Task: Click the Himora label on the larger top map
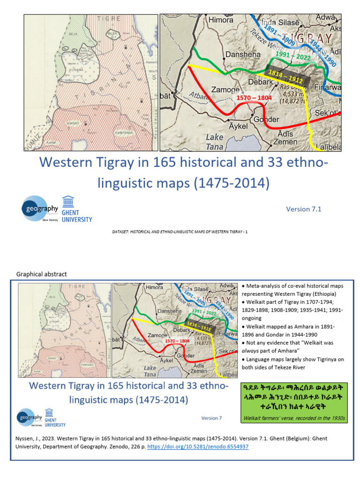pos(220,20)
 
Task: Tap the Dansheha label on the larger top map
pos(244,54)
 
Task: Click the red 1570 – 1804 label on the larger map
pos(254,98)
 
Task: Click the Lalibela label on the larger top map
pos(327,147)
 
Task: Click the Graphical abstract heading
pos(42,274)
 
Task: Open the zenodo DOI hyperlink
pos(198,447)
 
